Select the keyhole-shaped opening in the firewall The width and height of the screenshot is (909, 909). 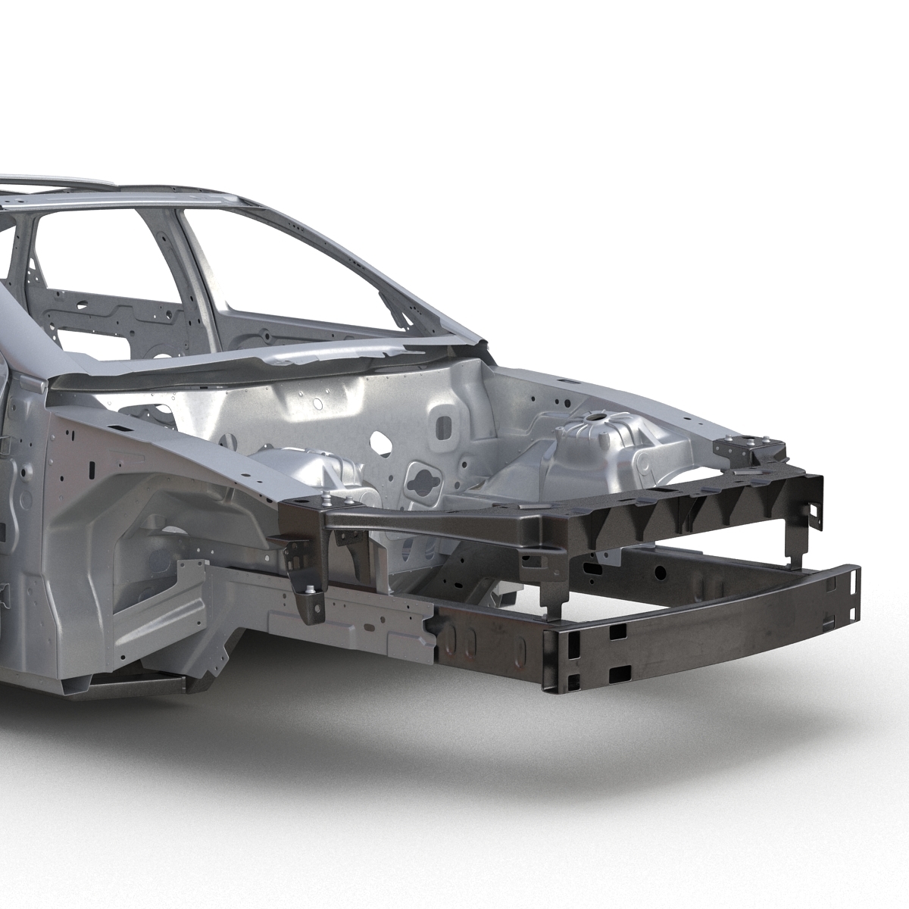[418, 478]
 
